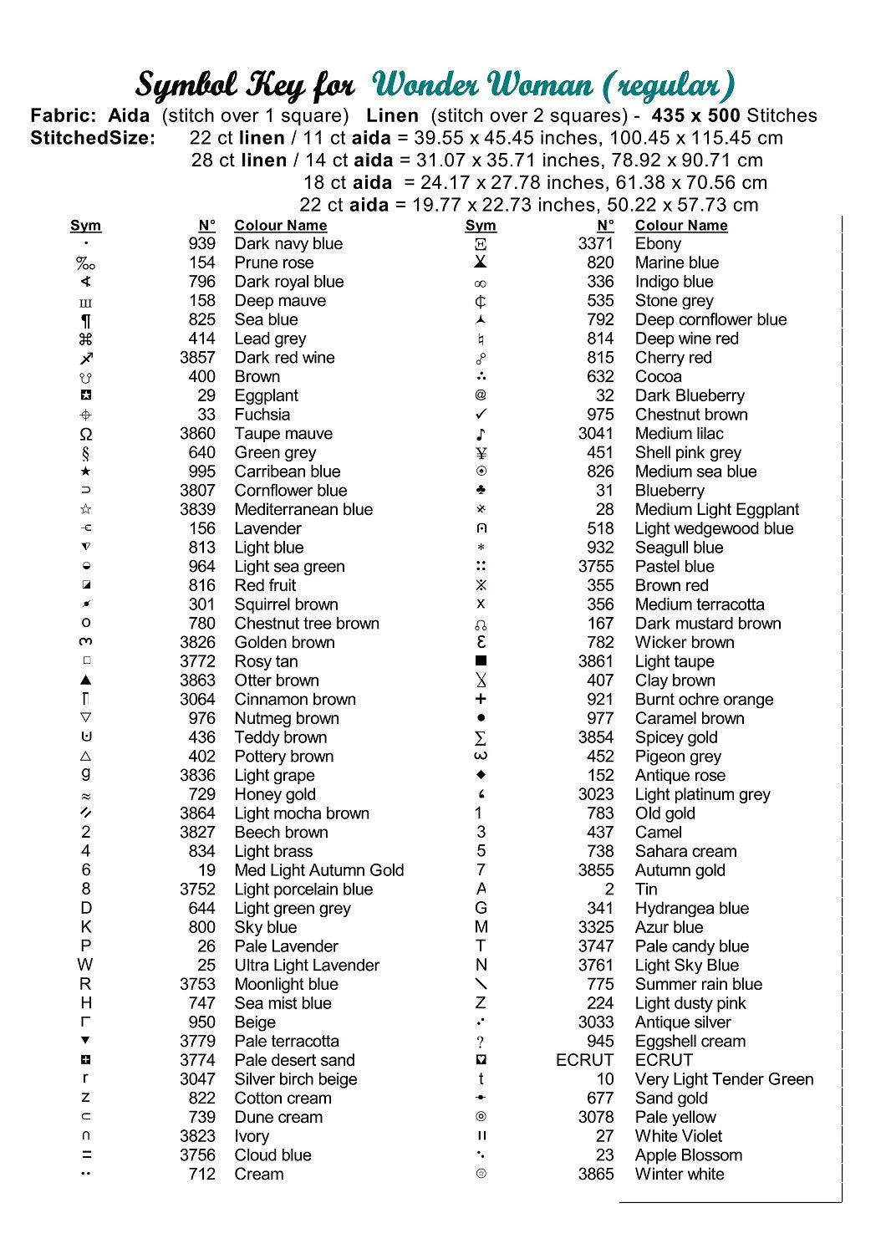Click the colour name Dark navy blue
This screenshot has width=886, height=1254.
tap(288, 244)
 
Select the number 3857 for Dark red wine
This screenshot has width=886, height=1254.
tap(197, 358)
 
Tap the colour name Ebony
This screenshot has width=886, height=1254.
tap(658, 244)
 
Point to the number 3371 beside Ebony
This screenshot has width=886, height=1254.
tap(595, 244)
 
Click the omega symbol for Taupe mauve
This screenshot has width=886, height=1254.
tap(86, 434)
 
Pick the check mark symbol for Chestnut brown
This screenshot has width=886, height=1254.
tap(481, 415)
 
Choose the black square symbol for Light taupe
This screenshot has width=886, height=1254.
tap(481, 661)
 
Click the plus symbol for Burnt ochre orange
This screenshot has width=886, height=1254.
tap(481, 699)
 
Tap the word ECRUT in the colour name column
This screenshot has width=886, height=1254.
tap(664, 1060)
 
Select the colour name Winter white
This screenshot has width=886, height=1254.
tap(680, 1175)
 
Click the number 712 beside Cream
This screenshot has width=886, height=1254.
tap(201, 1175)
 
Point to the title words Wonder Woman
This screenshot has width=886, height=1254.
tap(482, 85)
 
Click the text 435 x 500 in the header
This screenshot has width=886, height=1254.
tap(695, 116)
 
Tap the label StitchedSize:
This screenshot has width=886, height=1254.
tap(93, 138)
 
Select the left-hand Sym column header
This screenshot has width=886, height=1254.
tap(85, 226)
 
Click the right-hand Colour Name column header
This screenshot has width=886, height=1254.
tap(681, 226)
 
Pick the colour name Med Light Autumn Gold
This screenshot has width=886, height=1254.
tap(319, 870)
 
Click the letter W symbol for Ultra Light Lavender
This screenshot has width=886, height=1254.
tap(85, 966)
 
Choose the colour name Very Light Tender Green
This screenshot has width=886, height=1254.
tap(724, 1079)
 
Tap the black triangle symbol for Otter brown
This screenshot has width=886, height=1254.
tap(86, 681)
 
